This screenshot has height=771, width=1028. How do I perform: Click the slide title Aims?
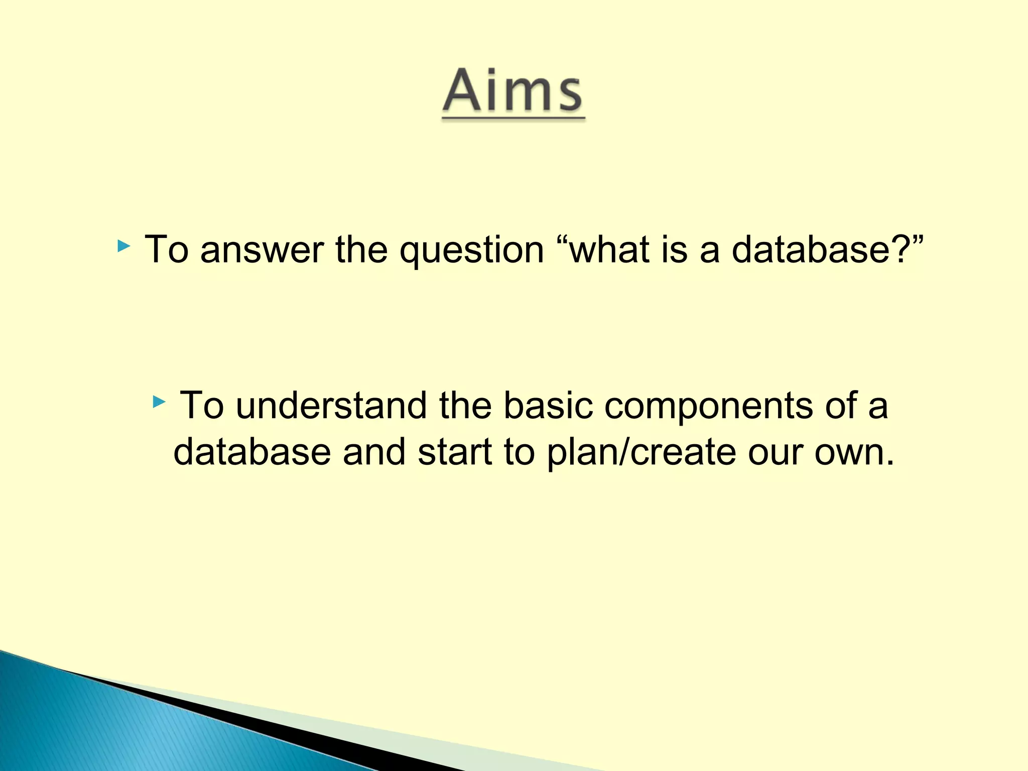point(513,91)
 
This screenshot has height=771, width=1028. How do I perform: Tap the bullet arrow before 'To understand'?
point(159,402)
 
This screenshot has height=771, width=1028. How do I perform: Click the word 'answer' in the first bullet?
point(262,250)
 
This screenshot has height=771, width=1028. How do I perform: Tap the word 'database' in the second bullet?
point(252,452)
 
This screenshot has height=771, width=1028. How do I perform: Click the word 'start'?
point(455,452)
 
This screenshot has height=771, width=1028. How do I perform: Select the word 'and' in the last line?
point(373,452)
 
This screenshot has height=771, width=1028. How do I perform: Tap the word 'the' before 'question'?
point(361,249)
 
